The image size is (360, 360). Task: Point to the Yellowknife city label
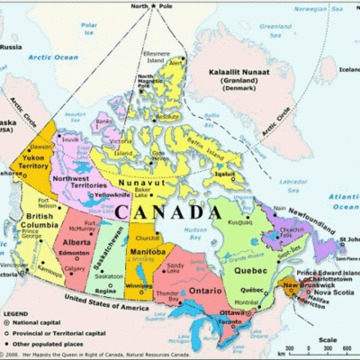click(x=112, y=195)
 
